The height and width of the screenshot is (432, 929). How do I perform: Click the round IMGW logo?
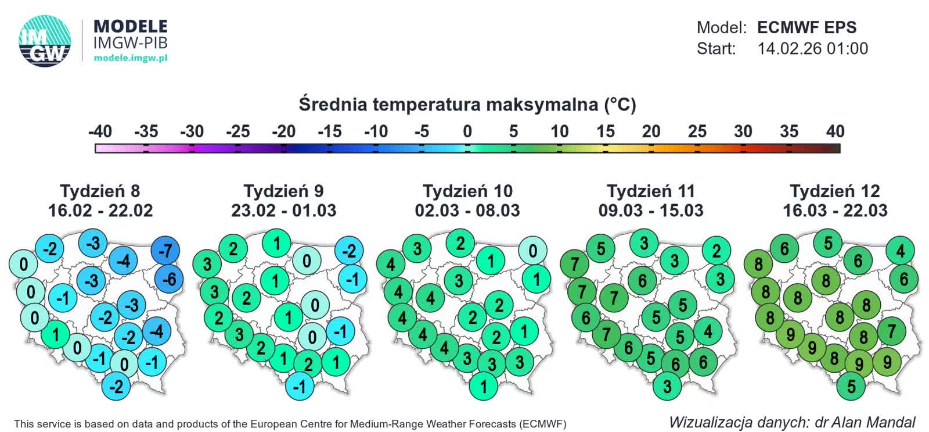tap(45, 41)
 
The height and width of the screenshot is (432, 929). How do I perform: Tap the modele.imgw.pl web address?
tap(130, 58)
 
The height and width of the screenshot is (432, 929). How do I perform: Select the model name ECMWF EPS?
tap(806, 27)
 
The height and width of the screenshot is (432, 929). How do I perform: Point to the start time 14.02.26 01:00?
tap(812, 48)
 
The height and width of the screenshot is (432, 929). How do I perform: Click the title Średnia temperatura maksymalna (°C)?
tap(467, 105)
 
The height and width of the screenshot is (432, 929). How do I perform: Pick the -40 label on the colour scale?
tap(100, 131)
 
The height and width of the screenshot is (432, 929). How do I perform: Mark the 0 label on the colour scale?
tap(467, 131)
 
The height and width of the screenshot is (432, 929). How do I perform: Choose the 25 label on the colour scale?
tap(697, 131)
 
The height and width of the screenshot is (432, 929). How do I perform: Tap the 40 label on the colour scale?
tap(835, 131)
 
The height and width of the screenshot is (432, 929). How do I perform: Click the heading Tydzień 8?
tap(100, 191)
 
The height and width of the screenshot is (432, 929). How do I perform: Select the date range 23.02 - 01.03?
tap(283, 210)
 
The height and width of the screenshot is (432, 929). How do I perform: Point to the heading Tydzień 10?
tap(467, 191)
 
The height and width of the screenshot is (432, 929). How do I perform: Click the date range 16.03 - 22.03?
tap(835, 210)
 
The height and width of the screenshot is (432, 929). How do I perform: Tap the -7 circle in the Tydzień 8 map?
tap(165, 251)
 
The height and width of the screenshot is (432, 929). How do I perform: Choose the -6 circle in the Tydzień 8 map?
tap(169, 279)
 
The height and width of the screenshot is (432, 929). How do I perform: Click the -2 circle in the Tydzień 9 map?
tap(349, 251)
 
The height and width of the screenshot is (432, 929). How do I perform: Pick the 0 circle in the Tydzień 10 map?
tap(532, 251)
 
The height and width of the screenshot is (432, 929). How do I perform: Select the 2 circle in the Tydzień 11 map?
tap(716, 251)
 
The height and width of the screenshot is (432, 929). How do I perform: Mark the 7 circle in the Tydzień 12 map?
tap(891, 331)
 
